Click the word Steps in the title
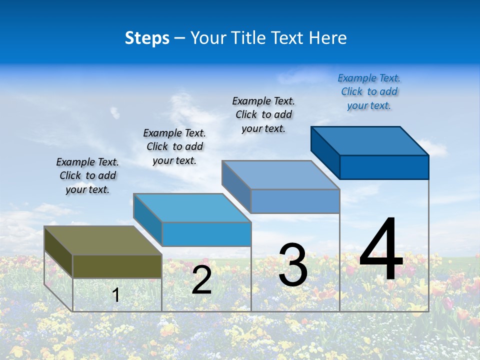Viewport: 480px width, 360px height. click(147, 38)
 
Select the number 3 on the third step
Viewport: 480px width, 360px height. click(293, 265)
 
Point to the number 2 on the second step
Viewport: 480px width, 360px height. click(201, 280)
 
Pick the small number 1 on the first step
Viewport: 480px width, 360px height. click(116, 295)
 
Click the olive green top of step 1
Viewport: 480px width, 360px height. click(102, 240)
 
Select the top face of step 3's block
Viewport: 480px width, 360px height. click(280, 175)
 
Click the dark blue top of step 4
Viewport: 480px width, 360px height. click(369, 141)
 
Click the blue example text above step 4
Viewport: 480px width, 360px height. click(369, 91)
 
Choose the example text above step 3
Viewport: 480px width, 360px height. click(263, 114)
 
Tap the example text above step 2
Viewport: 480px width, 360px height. click(174, 146)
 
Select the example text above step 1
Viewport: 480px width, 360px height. click(87, 175)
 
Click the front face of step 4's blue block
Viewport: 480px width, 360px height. click(384, 167)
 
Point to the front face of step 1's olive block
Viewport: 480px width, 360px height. click(117, 266)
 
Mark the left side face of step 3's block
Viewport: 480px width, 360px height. click(236, 186)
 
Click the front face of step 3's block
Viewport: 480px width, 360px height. click(295, 201)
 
